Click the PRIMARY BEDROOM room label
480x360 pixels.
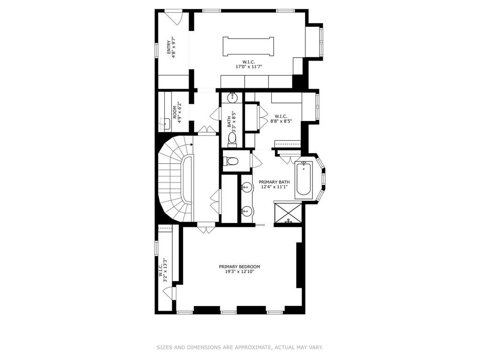pyautogui.click(x=239, y=267)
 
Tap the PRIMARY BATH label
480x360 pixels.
pyautogui.click(x=274, y=182)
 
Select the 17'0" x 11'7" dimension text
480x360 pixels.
pyautogui.click(x=249, y=67)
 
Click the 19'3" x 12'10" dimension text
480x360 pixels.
pyautogui.click(x=239, y=271)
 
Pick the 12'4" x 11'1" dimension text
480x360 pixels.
pyautogui.click(x=274, y=187)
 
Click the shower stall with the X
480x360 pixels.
pyautogui.click(x=288, y=214)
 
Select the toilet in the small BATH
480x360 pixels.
pyautogui.click(x=233, y=139)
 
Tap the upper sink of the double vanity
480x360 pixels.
pyautogui.click(x=246, y=186)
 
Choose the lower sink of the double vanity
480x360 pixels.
pyautogui.click(x=246, y=211)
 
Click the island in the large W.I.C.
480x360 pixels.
pyautogui.click(x=248, y=46)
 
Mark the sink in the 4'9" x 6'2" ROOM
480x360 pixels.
pyautogui.click(x=165, y=124)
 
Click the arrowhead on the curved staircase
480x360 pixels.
pyautogui.click(x=191, y=145)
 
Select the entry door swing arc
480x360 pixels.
pyautogui.click(x=174, y=20)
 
